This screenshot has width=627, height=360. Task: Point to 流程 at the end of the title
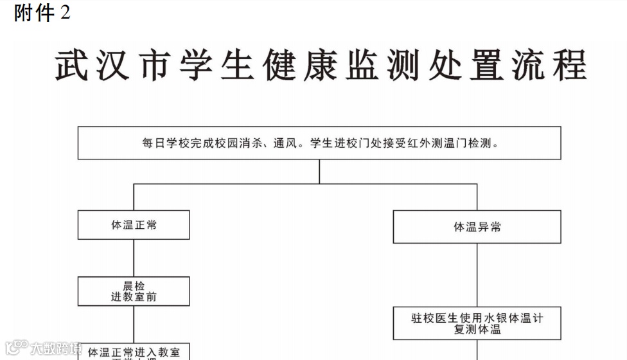[551, 66]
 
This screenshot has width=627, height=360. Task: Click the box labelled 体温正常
[134, 225]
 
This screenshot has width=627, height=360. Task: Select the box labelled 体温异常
[477, 227]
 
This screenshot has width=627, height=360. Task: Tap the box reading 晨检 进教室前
[134, 291]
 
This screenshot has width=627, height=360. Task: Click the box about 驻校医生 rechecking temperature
[477, 323]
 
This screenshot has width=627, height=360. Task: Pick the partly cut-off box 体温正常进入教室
[134, 352]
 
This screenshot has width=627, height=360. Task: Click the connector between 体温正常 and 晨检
[134, 258]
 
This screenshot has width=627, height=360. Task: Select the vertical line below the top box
[319, 171]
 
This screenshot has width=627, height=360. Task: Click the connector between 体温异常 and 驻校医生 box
[477, 275]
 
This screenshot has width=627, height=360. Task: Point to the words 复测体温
[477, 330]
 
